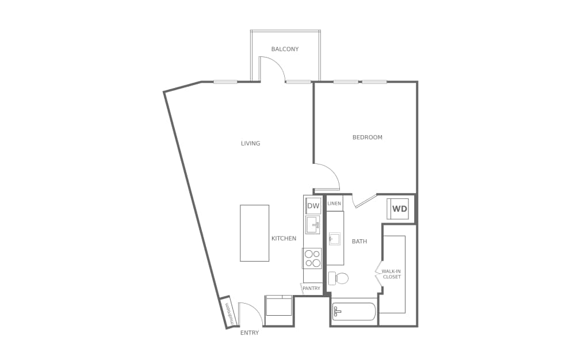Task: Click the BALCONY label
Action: pyautogui.click(x=285, y=49)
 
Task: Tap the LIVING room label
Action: pyautogui.click(x=251, y=144)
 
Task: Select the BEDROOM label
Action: pyautogui.click(x=368, y=137)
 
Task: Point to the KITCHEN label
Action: pyautogui.click(x=284, y=239)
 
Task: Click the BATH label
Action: pyautogui.click(x=359, y=242)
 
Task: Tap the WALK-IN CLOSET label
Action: pyautogui.click(x=391, y=274)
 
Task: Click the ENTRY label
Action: pyautogui.click(x=250, y=333)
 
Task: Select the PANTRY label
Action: pyautogui.click(x=311, y=289)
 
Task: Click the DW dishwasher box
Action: pyautogui.click(x=313, y=206)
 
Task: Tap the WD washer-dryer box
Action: pyautogui.click(x=400, y=209)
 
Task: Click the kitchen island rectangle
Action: pyautogui.click(x=254, y=233)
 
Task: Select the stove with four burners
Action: pyautogui.click(x=312, y=258)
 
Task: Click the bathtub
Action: pyautogui.click(x=354, y=312)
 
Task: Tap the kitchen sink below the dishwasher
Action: pyautogui.click(x=313, y=225)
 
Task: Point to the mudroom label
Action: pyautogui.click(x=227, y=313)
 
